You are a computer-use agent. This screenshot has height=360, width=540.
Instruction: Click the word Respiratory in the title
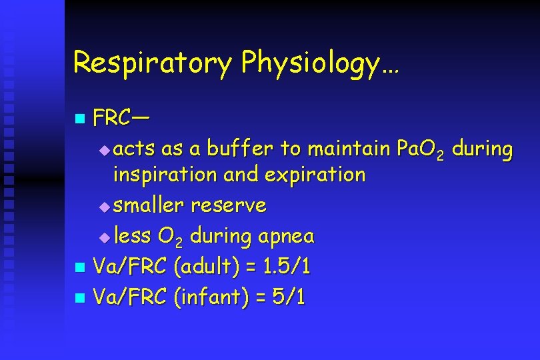[x=152, y=63]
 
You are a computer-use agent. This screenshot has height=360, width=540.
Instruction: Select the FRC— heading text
[x=121, y=118]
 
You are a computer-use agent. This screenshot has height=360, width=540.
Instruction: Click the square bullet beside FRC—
[x=79, y=119]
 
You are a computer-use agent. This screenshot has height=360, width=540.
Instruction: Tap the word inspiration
[x=165, y=175]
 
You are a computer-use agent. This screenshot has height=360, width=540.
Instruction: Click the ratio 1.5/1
[x=286, y=267]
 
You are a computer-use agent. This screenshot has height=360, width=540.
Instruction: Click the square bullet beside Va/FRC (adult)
[x=79, y=268]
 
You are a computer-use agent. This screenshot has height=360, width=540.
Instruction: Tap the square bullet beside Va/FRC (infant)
[x=79, y=298]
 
